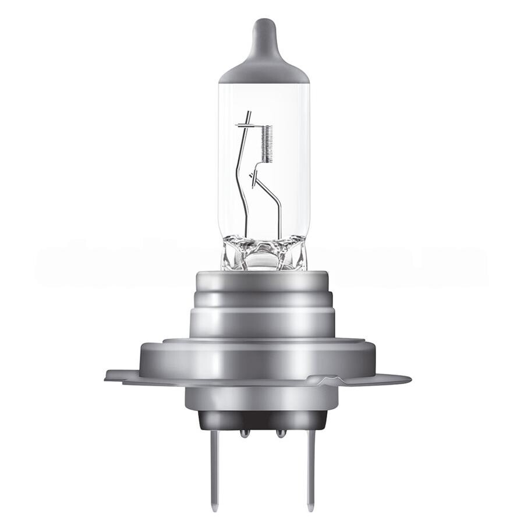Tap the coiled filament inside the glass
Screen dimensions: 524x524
[x=268, y=145]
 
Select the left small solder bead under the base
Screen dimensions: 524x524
[x=245, y=433]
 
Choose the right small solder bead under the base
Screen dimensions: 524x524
[x=281, y=433]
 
